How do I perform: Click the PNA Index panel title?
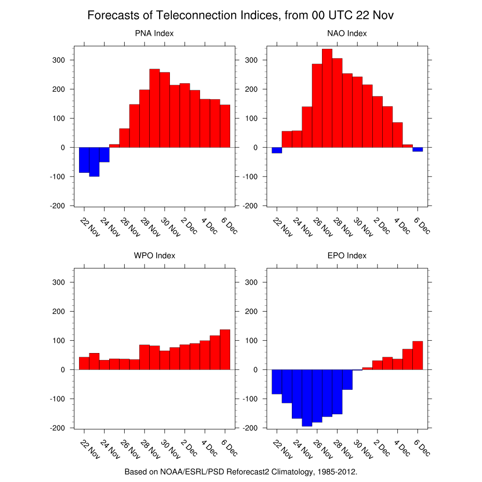[154, 33]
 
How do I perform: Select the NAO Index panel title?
[347, 33]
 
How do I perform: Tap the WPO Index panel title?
[154, 256]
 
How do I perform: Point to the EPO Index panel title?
[347, 256]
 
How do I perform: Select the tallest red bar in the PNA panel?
[155, 108]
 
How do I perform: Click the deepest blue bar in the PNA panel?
[94, 162]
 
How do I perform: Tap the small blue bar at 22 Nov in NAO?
[277, 150]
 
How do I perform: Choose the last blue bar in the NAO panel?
[418, 149]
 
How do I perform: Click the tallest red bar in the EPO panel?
[418, 355]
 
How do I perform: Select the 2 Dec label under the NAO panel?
[381, 225]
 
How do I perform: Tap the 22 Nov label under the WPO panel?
[90, 448]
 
